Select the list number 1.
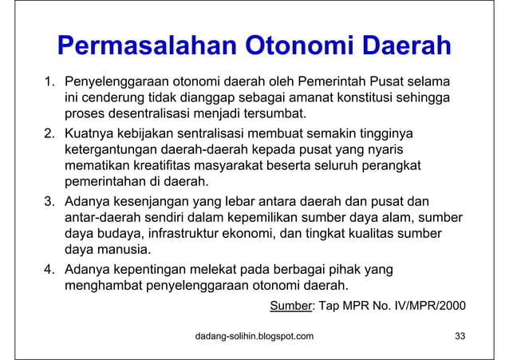49,81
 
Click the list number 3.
49,200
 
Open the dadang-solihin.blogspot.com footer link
254,336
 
